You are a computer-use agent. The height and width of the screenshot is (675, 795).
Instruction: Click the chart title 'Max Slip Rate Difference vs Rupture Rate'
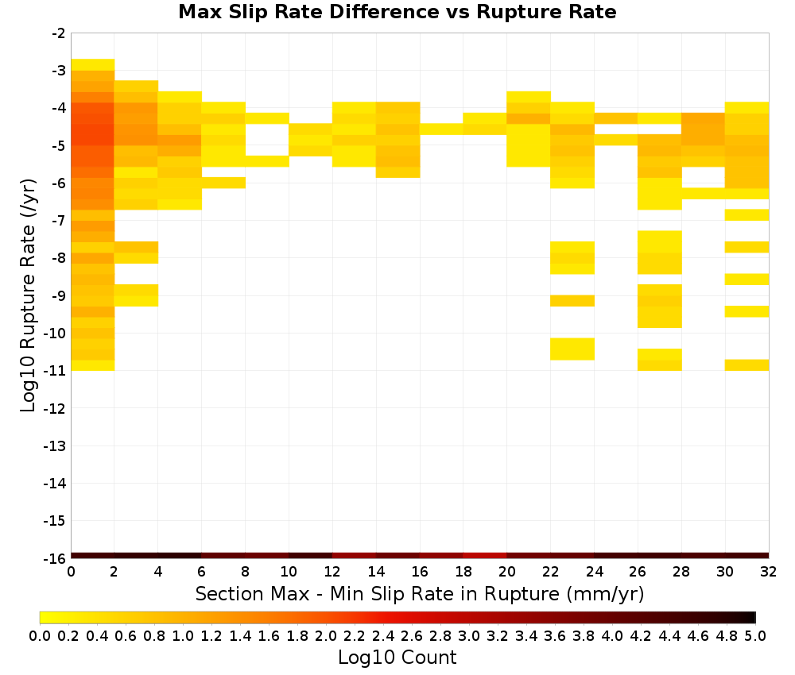pyautogui.click(x=397, y=12)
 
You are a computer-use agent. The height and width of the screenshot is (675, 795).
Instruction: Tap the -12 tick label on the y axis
pyautogui.click(x=55, y=408)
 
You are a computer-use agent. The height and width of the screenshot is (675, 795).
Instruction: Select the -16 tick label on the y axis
pyautogui.click(x=55, y=558)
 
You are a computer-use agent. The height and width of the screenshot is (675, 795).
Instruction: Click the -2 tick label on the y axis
pyautogui.click(x=58, y=33)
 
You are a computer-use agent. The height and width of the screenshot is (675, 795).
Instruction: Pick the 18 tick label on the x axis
pyautogui.click(x=463, y=572)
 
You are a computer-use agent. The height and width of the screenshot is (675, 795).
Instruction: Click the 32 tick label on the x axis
pyautogui.click(x=769, y=572)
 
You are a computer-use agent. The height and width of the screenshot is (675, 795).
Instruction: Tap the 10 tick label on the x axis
pyautogui.click(x=289, y=572)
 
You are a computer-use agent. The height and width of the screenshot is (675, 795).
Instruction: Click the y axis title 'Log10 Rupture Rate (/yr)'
pyautogui.click(x=28, y=295)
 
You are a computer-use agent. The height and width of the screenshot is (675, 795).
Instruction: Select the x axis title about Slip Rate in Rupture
pyautogui.click(x=419, y=593)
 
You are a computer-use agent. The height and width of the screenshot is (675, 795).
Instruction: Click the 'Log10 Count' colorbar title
pyautogui.click(x=397, y=658)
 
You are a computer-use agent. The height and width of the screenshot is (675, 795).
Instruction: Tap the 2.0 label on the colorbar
pyautogui.click(x=325, y=635)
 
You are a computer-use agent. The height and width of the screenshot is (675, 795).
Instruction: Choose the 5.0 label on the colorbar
pyautogui.click(x=755, y=635)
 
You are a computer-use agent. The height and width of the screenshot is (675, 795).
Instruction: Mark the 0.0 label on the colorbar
pyautogui.click(x=40, y=635)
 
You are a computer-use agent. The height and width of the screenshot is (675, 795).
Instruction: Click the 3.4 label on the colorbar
pyautogui.click(x=525, y=635)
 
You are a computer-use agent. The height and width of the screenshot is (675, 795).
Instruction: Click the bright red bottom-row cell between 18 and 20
pyautogui.click(x=485, y=555)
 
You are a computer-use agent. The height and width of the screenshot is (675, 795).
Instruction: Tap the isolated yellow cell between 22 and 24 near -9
pyautogui.click(x=572, y=301)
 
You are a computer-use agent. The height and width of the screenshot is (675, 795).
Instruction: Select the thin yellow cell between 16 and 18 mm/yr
pyautogui.click(x=441, y=129)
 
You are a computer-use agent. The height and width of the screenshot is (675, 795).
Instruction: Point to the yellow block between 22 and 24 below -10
pyautogui.click(x=572, y=349)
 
